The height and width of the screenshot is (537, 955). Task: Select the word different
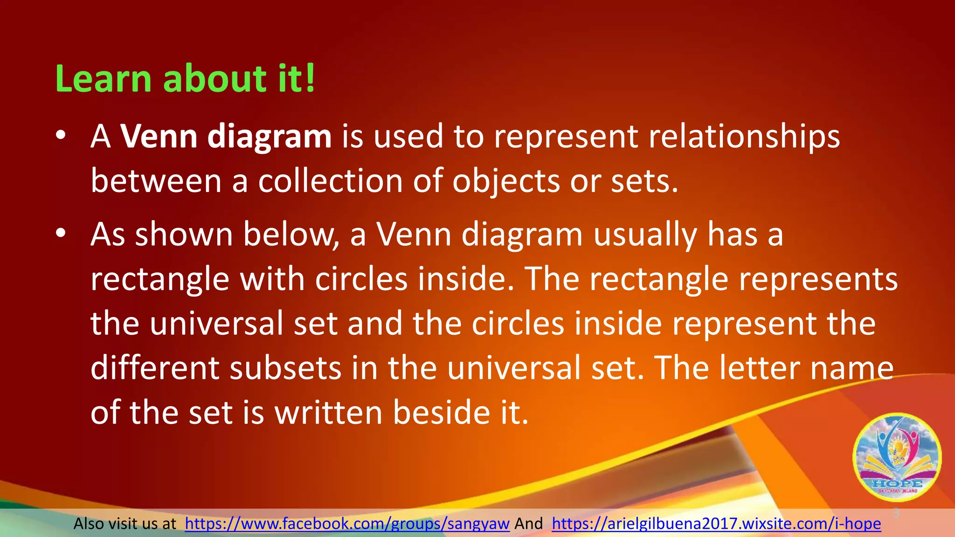[x=154, y=368]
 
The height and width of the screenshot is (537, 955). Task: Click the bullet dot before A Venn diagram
[x=60, y=136]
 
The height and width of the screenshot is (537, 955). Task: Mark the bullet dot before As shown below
[x=60, y=234]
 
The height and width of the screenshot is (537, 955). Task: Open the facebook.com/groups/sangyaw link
[x=347, y=524]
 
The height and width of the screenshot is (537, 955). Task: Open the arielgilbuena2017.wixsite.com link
[x=716, y=524]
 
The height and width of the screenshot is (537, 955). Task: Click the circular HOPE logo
[x=897, y=457]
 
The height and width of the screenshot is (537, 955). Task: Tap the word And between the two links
[x=528, y=524]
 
